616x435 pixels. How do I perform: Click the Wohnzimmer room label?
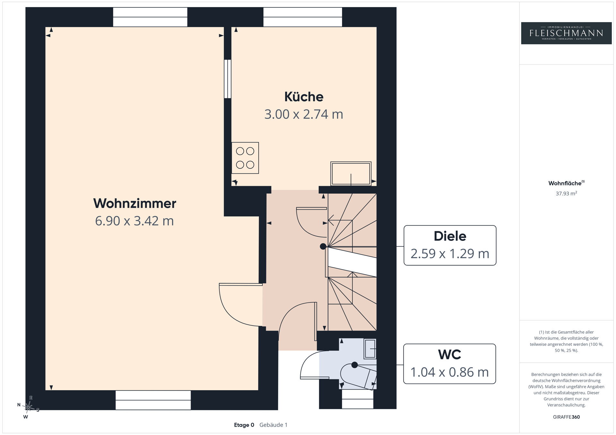tap(135, 203)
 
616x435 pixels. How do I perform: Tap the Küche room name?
tap(304, 97)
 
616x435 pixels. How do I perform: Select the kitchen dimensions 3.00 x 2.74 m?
tap(304, 114)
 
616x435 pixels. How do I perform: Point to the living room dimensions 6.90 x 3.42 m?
tap(134, 221)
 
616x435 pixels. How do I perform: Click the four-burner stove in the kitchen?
tap(245, 158)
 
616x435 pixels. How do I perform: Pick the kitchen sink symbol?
tap(351, 174)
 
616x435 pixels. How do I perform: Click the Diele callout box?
tap(450, 245)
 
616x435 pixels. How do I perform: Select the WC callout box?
tap(449, 364)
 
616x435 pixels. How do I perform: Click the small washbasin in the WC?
tap(370, 349)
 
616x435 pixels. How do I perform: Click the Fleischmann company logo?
tap(566, 33)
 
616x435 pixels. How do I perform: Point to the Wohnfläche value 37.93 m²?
tap(566, 193)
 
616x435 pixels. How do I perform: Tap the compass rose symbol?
tap(28, 407)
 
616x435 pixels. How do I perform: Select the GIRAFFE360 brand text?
tap(566, 417)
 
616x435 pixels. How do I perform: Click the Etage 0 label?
tap(244, 425)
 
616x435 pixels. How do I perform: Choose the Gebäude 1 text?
tap(273, 425)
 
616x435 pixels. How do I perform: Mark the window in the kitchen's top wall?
tap(303, 17)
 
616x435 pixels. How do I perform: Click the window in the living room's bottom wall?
tap(153, 400)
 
